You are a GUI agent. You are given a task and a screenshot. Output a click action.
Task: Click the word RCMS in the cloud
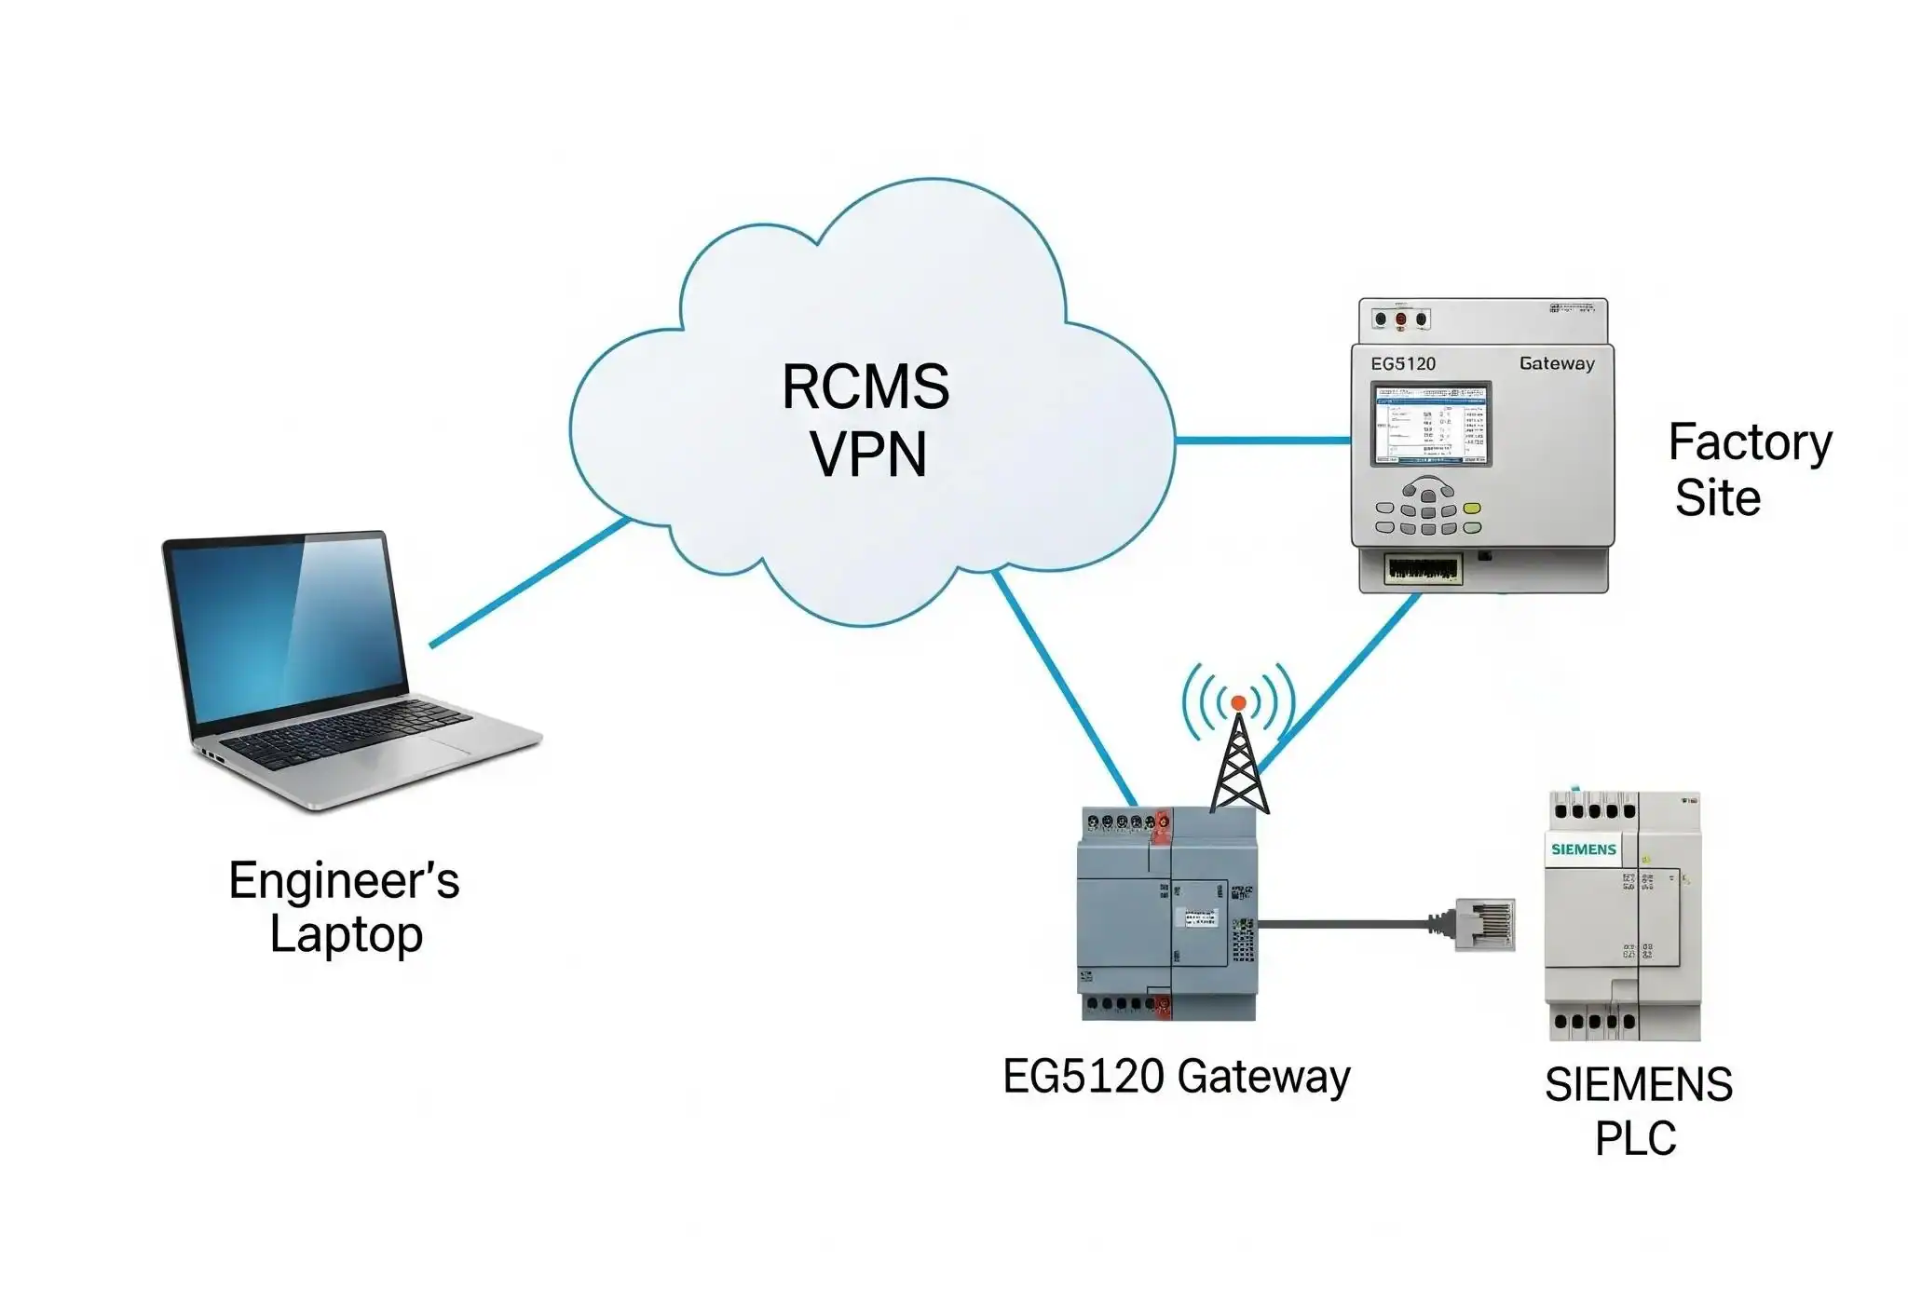865,387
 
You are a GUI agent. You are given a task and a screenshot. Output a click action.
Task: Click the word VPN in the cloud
868,455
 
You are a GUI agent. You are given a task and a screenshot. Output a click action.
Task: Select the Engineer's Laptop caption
345,907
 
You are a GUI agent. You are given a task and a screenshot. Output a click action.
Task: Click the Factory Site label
1748,469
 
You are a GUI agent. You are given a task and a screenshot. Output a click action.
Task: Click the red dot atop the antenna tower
1238,703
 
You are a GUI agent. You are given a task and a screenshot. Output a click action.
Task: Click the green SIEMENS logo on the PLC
1583,849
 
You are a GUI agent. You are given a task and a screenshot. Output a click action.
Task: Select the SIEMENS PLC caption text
1637,1111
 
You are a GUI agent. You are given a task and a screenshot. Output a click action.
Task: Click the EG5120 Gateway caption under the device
1176,1078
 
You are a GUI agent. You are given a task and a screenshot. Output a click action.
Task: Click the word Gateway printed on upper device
1557,363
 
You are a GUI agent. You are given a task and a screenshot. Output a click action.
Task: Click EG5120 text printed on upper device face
1403,363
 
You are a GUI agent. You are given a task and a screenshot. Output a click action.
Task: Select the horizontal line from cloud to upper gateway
1262,440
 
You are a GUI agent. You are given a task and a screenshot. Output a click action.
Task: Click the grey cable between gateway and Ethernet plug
1342,924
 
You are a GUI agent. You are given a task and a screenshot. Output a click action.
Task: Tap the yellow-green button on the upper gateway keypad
1472,509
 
